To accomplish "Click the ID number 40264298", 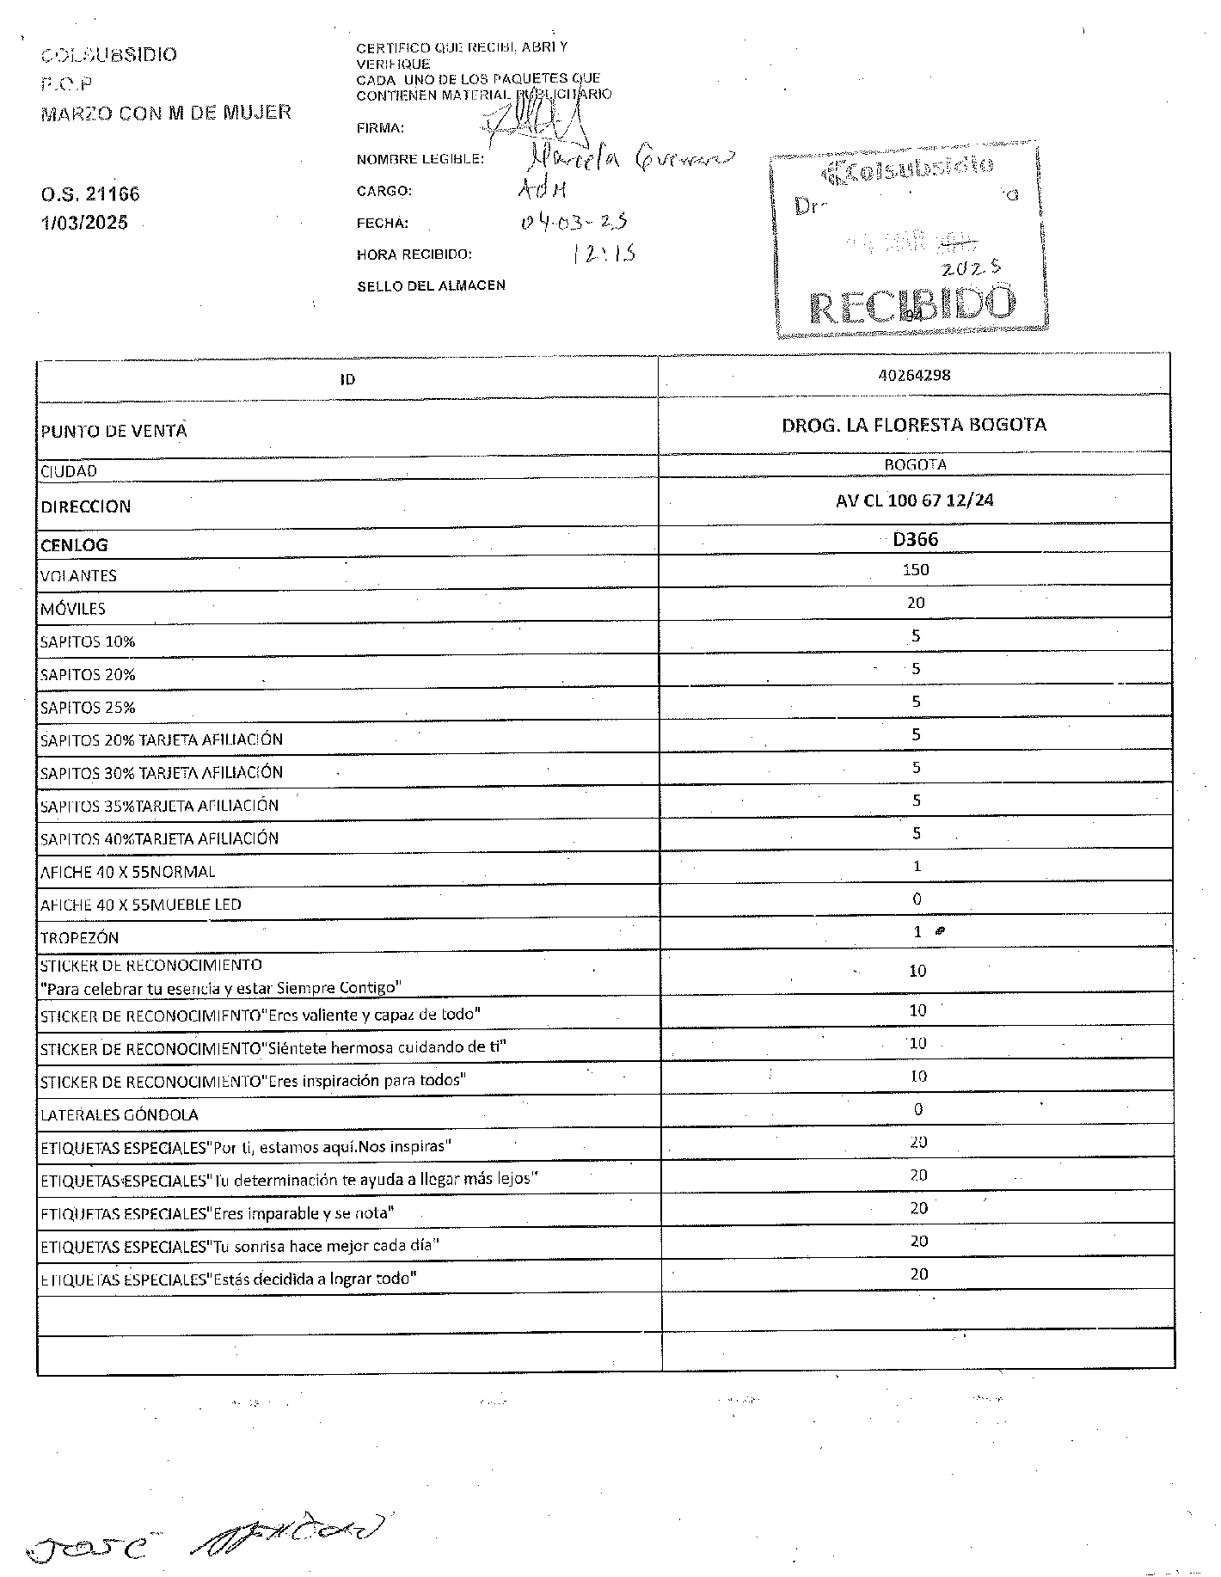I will click(914, 375).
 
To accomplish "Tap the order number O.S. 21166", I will click(90, 194).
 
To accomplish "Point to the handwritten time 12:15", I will click(604, 253).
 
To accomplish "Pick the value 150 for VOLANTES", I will click(916, 569).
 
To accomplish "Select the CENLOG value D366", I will click(915, 539).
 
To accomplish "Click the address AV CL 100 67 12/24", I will click(914, 500).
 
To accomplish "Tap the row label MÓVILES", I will click(73, 609).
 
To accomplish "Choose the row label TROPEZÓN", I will click(80, 937).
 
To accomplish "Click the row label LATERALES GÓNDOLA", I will click(120, 1115).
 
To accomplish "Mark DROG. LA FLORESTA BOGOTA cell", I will click(914, 425).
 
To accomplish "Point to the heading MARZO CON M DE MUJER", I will click(166, 112).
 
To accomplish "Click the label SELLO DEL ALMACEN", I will click(431, 285).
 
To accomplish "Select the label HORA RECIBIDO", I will click(414, 255).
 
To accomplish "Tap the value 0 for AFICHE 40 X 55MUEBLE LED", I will click(917, 899).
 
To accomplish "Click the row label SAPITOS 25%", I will click(88, 708).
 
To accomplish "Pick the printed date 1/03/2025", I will click(84, 223).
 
